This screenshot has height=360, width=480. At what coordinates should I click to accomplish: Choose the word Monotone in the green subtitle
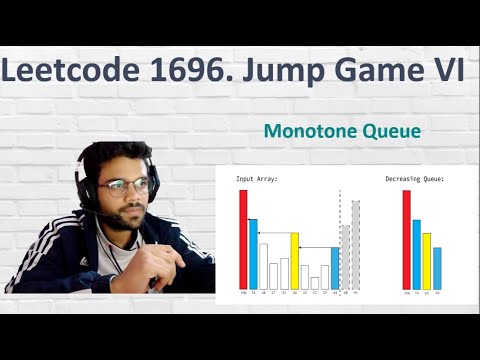[x=302, y=131]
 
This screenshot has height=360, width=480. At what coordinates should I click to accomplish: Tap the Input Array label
[x=257, y=179]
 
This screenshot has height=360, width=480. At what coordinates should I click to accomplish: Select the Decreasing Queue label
[x=414, y=179]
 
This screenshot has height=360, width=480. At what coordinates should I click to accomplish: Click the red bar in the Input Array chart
[x=243, y=238]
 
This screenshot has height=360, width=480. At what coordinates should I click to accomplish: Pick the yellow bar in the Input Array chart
[x=295, y=260]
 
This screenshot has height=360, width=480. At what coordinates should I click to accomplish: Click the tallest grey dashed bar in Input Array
[x=355, y=244]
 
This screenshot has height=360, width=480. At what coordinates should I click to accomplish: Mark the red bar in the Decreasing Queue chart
[x=406, y=238]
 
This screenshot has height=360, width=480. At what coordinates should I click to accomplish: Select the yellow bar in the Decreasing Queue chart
[x=427, y=260]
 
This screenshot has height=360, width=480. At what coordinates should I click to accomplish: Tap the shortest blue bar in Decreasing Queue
[x=437, y=267]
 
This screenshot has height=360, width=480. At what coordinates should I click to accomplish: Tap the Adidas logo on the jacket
[x=84, y=261]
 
